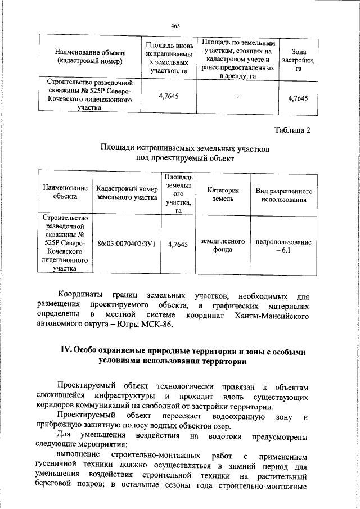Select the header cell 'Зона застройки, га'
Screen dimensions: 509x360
coord(298,57)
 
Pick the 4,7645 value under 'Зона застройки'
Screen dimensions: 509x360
coord(298,98)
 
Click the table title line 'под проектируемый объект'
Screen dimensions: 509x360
coord(184,159)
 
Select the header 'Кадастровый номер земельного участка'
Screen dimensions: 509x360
coord(127,193)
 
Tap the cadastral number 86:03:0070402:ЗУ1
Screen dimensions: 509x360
coord(127,244)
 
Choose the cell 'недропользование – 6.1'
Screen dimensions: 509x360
coord(283,246)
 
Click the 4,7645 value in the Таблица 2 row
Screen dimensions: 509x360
coord(177,244)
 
